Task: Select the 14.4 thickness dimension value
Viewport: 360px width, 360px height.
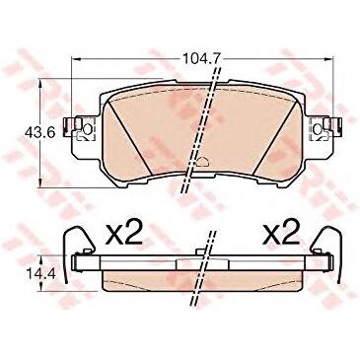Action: pos(36,273)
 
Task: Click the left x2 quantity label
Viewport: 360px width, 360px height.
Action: pos(124,233)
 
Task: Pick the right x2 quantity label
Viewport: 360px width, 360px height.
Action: pos(281,233)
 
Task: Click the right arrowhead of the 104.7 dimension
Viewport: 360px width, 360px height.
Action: pos(329,59)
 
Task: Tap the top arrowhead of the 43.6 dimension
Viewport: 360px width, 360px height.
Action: pos(40,83)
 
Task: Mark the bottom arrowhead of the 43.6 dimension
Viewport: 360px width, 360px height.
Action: pos(40,183)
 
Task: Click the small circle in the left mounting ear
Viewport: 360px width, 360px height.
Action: pos(88,129)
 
